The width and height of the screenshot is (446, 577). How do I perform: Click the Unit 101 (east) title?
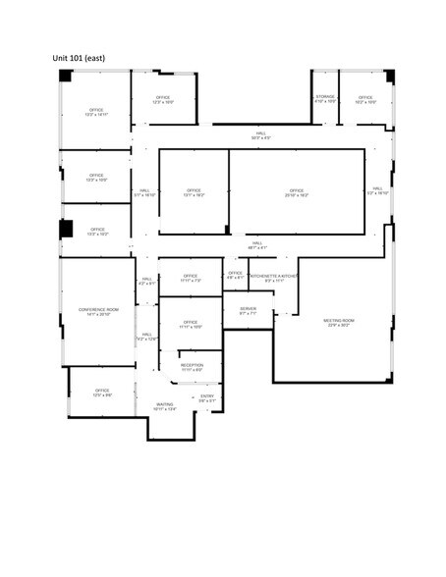(x=79, y=58)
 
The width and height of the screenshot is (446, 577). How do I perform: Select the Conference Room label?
(x=97, y=311)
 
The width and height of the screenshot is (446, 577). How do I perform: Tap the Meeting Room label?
(x=338, y=323)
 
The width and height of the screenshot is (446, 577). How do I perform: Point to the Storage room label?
(x=325, y=99)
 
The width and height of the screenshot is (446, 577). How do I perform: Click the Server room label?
(x=248, y=311)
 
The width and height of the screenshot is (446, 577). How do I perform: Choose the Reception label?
(x=192, y=367)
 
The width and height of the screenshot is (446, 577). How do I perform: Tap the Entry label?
(x=206, y=397)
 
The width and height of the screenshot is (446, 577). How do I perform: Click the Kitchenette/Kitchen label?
(x=274, y=278)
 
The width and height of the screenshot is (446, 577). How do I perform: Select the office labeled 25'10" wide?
(x=297, y=192)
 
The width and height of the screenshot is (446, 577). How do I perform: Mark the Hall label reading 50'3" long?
(x=260, y=135)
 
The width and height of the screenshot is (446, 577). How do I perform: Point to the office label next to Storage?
(x=365, y=99)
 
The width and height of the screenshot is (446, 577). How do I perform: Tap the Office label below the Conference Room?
(x=102, y=392)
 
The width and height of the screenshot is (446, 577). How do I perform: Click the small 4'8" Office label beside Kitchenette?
(x=236, y=275)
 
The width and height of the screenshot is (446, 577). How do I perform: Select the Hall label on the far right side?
(x=377, y=191)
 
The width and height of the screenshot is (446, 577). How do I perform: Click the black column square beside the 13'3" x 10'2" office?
(x=67, y=229)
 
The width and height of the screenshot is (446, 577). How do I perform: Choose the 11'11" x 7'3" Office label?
(x=191, y=278)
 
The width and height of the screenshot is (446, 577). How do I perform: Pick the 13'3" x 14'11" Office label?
(x=96, y=111)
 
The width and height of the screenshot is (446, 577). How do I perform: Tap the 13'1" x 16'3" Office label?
(x=193, y=192)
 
